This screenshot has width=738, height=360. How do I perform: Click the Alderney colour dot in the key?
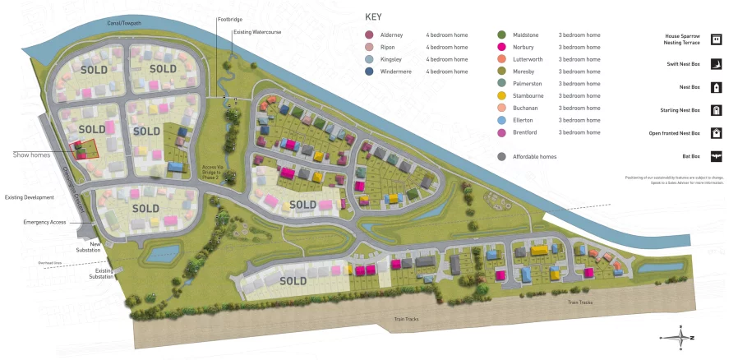369,35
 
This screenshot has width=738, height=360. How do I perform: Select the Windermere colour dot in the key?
369,72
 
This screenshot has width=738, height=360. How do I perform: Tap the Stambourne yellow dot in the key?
501,96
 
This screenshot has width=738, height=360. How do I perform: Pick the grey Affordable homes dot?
501,156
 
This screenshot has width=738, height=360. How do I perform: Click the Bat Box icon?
716,156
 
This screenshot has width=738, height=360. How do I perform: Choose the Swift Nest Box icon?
716,63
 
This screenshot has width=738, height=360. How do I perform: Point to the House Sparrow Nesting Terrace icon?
716,39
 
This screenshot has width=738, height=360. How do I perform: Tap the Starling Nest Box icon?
716,110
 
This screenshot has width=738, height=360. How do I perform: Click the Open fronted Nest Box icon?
716,133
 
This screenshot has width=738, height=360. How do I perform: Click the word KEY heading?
373,16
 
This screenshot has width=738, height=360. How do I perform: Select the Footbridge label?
229,19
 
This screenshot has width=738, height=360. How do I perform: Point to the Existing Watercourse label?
252,31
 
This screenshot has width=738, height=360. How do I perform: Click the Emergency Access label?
44,223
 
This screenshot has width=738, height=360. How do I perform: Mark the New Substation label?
89,247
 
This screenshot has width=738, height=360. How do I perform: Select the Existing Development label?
29,197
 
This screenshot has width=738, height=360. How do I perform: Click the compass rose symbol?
681,337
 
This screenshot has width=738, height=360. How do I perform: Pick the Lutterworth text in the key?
576,59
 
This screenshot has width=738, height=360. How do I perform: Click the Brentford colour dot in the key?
501,132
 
